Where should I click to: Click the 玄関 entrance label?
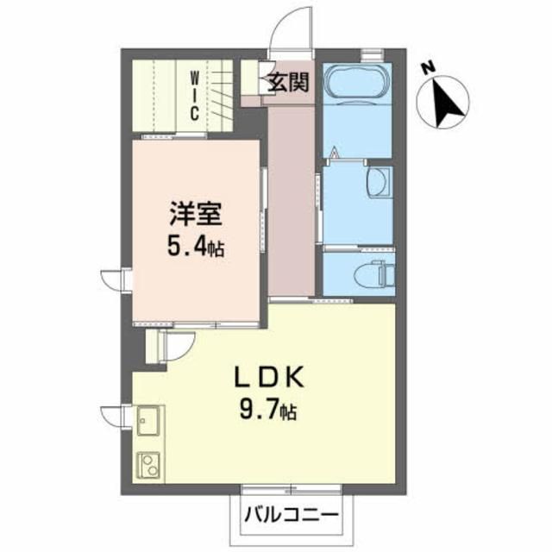click(x=288, y=83)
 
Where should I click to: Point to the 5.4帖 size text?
click(x=195, y=248)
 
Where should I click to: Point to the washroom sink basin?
click(x=378, y=182)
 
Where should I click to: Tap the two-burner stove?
click(x=148, y=466)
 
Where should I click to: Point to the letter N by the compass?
click(x=427, y=66)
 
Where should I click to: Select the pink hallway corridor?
click(x=290, y=198)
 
